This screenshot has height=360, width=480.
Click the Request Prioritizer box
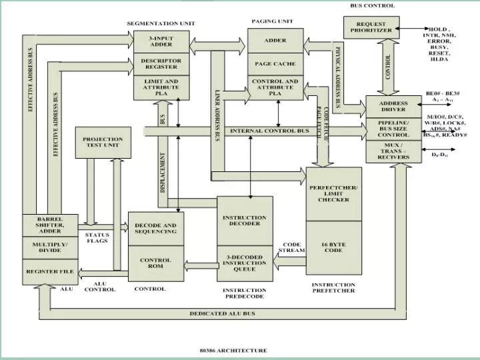[x=375, y=27]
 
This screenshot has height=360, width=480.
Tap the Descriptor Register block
[x=161, y=65]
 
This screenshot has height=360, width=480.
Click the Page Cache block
[x=275, y=64]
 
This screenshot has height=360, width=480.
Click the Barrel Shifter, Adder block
[x=50, y=225]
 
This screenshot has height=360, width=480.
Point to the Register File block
[x=50, y=271]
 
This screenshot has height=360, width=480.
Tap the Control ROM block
[x=155, y=263]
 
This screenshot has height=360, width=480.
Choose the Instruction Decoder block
[x=245, y=221]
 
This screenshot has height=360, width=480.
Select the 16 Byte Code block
[x=333, y=247]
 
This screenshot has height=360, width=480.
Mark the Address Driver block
[x=393, y=107]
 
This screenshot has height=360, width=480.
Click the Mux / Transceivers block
[x=393, y=153]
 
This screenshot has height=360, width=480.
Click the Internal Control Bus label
[x=269, y=131]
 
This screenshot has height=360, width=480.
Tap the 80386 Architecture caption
[x=233, y=350]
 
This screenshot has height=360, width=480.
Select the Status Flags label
[x=97, y=237]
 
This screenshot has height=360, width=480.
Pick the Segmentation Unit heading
[x=161, y=23]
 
